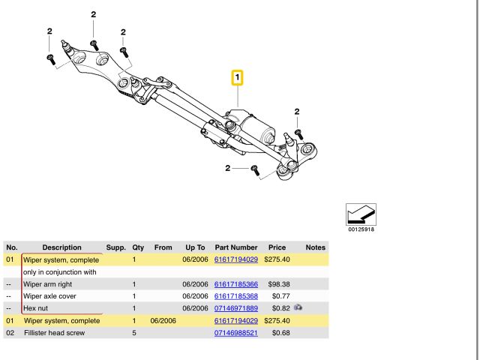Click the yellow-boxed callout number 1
tap(237, 78)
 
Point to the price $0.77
tap(270, 296)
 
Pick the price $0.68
tap(270, 332)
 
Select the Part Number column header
tap(236, 247)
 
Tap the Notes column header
tap(315, 247)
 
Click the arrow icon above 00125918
tap(361, 214)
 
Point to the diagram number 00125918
tap(361, 229)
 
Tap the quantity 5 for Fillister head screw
tap(133, 332)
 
